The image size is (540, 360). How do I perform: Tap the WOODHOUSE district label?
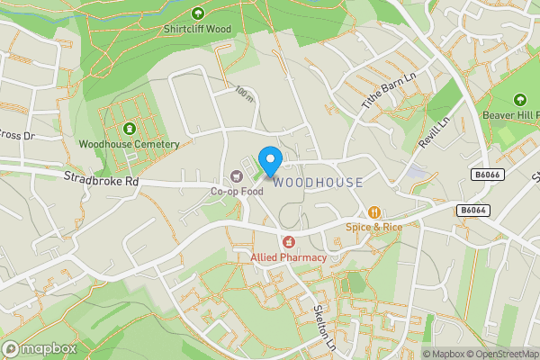point(319,183)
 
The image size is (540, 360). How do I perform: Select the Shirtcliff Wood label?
point(197,29)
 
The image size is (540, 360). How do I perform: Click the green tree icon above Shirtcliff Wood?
point(197,13)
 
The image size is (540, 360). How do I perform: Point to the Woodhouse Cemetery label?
point(129,144)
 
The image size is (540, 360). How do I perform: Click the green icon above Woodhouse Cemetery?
point(129,129)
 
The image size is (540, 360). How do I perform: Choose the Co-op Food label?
point(237,191)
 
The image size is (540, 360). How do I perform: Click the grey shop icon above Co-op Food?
point(237,176)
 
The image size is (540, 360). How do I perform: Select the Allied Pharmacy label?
point(288,257)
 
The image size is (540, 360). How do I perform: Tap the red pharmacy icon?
point(288,242)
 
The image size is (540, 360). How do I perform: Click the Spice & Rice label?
point(373,227)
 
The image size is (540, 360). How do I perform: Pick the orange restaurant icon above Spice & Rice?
point(373,212)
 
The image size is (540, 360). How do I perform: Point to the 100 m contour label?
point(244,94)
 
